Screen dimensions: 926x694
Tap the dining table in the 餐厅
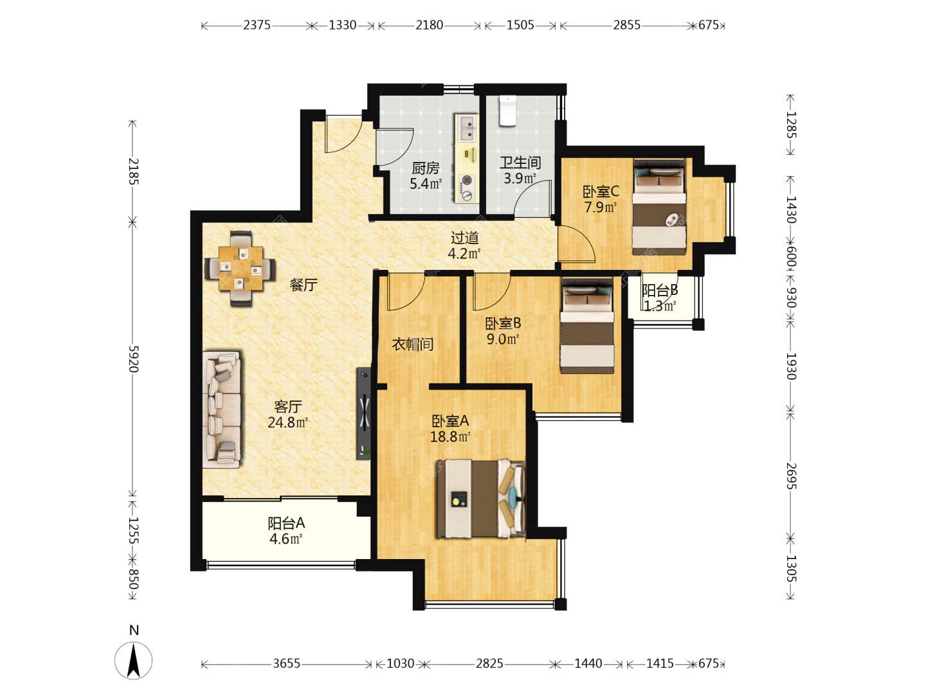pyautogui.click(x=241, y=269)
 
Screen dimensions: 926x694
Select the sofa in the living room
pyautogui.click(x=222, y=409)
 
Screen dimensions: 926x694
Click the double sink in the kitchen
pyautogui.click(x=468, y=127)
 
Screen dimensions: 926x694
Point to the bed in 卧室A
pyautogui.click(x=481, y=499)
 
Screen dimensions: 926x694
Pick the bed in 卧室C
pyautogui.click(x=659, y=206)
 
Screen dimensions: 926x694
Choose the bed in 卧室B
pyautogui.click(x=587, y=326)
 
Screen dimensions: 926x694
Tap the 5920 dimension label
pyautogui.click(x=133, y=359)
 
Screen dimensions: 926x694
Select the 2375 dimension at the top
pyautogui.click(x=257, y=25)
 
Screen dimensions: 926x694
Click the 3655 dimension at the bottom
pyautogui.click(x=286, y=664)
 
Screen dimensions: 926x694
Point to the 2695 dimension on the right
pyautogui.click(x=790, y=476)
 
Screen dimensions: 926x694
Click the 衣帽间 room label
pyautogui.click(x=413, y=344)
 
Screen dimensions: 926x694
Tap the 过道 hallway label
pyautogui.click(x=464, y=238)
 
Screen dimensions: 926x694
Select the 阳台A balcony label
pyautogui.click(x=286, y=523)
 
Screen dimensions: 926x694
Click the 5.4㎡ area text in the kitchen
pyautogui.click(x=426, y=184)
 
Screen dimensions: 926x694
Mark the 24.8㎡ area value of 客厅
pyautogui.click(x=287, y=422)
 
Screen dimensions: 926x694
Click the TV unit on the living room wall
pyautogui.click(x=364, y=414)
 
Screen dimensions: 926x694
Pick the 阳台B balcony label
pyautogui.click(x=660, y=290)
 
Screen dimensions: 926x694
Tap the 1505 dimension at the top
pyautogui.click(x=520, y=25)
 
